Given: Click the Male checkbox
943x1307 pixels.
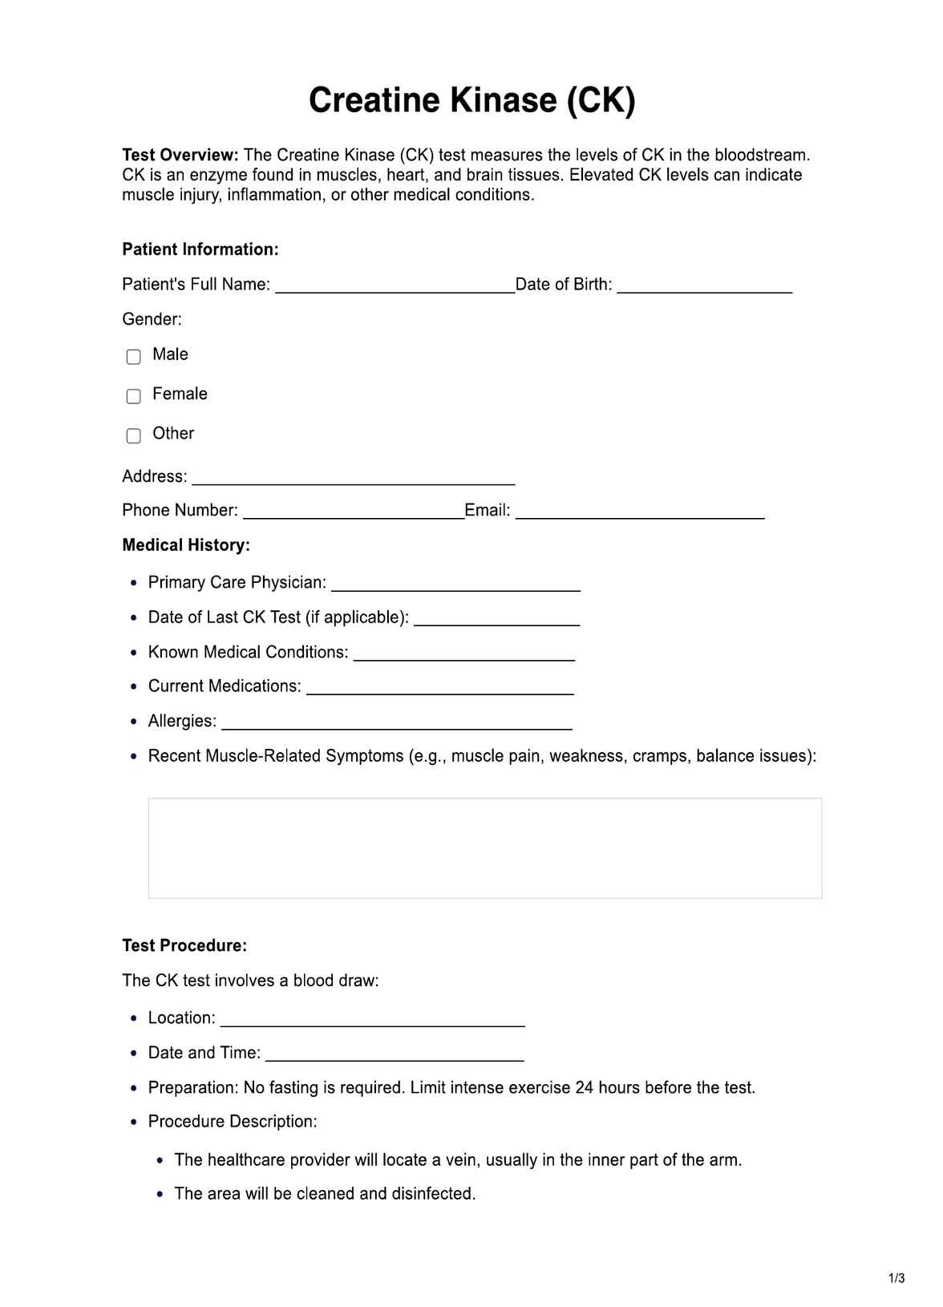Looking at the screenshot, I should [134, 356].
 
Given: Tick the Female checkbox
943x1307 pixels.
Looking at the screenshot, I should [134, 395].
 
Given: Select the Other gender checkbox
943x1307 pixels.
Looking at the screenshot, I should [134, 435].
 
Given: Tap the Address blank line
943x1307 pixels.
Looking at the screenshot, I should [353, 479].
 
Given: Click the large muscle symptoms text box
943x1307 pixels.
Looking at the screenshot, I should [484, 848].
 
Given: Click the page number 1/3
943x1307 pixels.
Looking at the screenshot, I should [896, 1277].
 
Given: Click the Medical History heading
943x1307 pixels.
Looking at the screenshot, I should [186, 545].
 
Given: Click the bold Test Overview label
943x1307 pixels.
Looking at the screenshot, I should [180, 155].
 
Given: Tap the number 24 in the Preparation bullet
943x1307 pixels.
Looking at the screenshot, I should [585, 1088].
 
